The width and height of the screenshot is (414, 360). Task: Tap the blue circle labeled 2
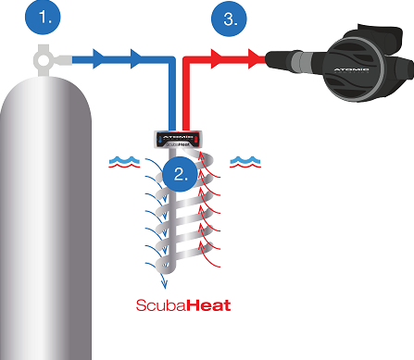click(179, 175)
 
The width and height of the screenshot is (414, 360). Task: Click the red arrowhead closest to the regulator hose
click(257, 59)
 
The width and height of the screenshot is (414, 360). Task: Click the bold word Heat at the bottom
click(207, 304)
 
